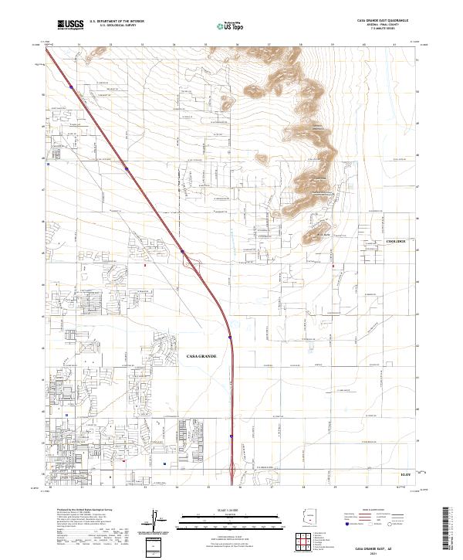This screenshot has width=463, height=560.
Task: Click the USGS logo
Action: click(70, 25)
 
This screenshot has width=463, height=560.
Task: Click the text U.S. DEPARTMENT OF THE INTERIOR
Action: click(117, 22)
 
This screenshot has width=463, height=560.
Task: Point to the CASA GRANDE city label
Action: click(201, 356)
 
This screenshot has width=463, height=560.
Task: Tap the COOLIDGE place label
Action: click(395, 242)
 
